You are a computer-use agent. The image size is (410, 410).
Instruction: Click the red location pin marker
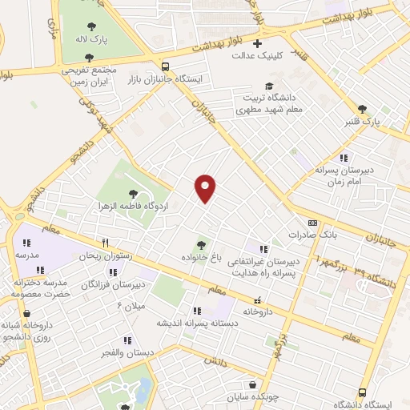point(206,188)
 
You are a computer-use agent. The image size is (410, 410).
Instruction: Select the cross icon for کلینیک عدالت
point(257,43)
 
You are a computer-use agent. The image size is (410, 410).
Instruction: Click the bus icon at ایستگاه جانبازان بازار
point(165,67)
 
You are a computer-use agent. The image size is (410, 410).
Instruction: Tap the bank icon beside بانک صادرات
point(312,223)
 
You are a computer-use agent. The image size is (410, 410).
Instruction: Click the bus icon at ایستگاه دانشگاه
point(362,392)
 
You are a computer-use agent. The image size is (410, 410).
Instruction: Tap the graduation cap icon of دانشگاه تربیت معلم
point(269,86)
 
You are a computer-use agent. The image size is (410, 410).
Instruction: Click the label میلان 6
point(131,305)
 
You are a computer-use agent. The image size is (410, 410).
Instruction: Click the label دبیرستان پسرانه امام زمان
point(344,176)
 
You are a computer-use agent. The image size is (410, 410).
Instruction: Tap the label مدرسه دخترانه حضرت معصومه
point(42,288)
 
